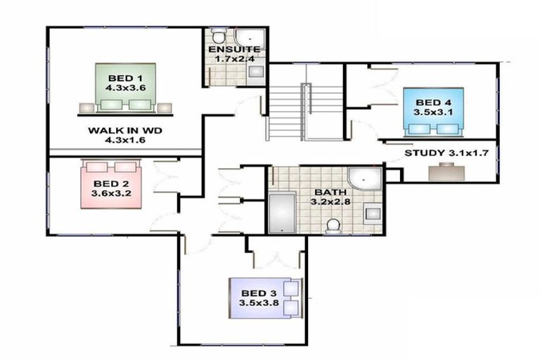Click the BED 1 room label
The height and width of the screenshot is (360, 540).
[125, 77]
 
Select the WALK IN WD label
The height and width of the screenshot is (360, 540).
[122, 130]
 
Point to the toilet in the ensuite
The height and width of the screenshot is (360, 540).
[219, 35]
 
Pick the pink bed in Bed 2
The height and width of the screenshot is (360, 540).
[113, 184]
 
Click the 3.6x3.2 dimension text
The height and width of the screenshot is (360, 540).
[111, 193]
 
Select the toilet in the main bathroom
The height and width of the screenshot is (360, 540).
[334, 224]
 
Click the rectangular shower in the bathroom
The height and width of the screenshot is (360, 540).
[283, 214]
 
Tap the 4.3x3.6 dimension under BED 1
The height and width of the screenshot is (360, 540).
[125, 89]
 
